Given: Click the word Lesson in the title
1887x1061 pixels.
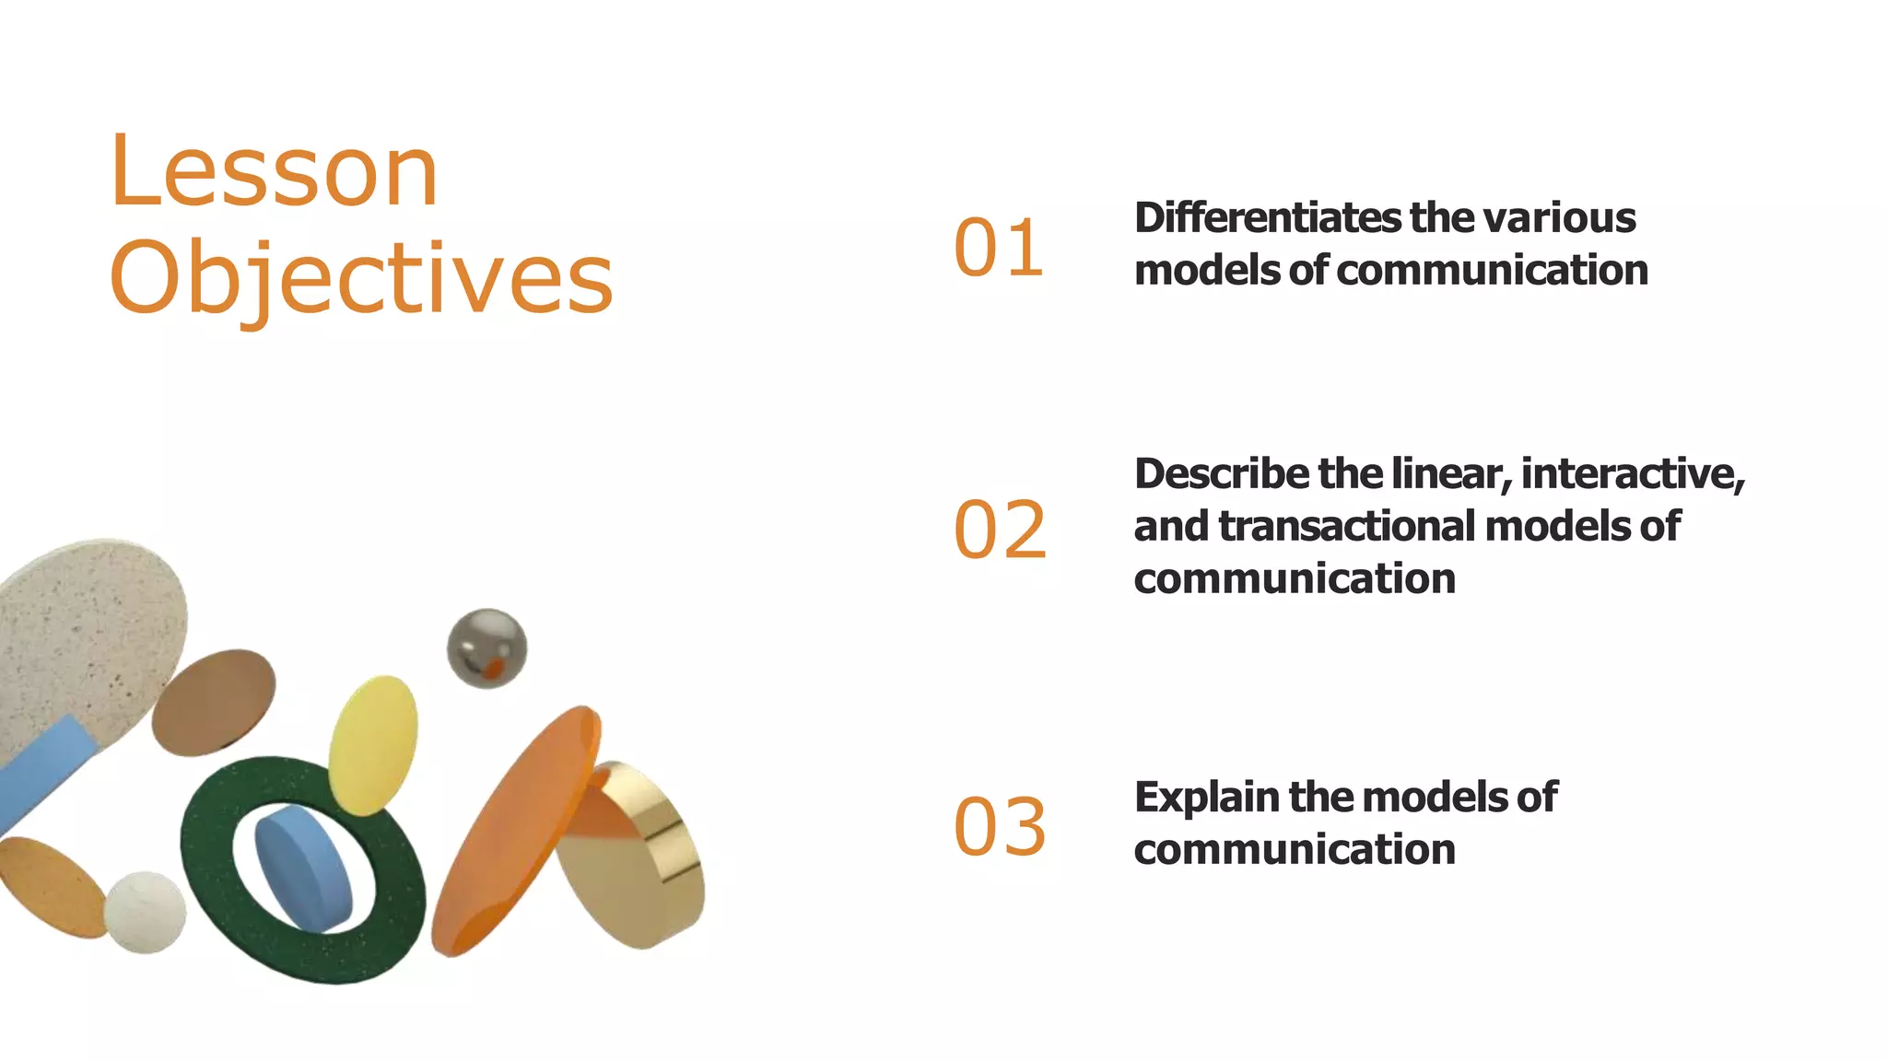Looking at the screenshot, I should pos(274,171).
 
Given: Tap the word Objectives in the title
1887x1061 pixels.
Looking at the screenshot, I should pos(361,278).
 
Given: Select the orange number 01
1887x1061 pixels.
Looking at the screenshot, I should pos(999,249).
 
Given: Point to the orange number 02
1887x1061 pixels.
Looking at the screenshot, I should pos(1000,530).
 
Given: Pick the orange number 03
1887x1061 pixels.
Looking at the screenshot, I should pos(1000,826).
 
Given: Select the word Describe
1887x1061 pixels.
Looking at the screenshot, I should pos(1222,474).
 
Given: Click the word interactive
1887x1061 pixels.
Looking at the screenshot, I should pos(1630,474).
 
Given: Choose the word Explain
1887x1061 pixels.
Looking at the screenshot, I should pos(1207,798).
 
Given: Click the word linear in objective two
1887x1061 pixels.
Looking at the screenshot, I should pos(1450,474).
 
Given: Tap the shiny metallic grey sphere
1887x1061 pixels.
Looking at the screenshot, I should pos(486,647).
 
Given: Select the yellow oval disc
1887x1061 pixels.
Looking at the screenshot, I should pos(372,744).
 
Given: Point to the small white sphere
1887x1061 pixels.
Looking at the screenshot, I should pos(145,912).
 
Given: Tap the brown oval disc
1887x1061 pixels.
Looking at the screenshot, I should pos(214,702).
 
